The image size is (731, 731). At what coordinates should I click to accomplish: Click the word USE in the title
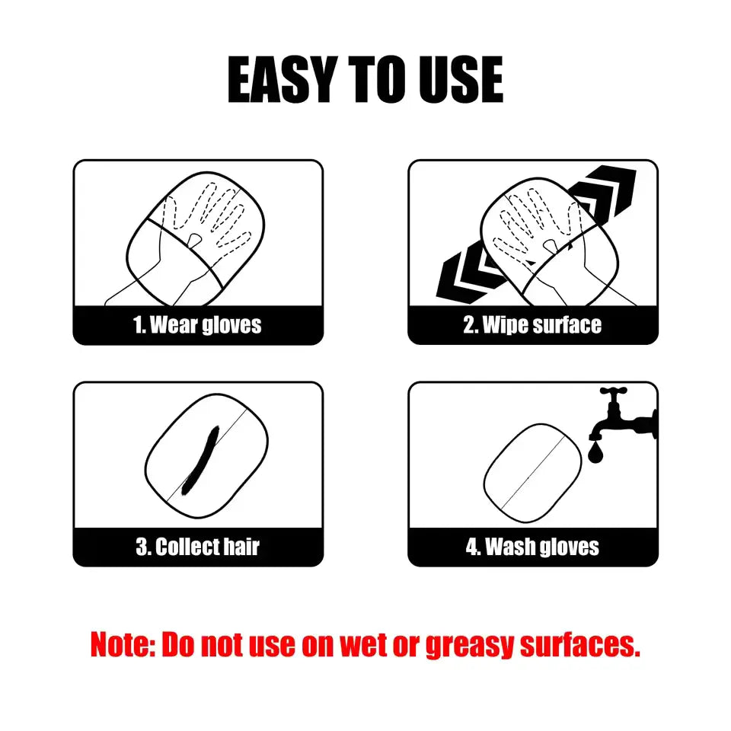458,80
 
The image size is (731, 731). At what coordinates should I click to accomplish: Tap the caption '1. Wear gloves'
197,325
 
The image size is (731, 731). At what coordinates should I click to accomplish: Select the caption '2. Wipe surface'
532,325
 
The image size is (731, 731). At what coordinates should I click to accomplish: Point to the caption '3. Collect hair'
197,547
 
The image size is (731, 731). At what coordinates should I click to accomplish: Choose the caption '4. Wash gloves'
532,547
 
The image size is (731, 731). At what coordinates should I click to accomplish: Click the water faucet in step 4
624,415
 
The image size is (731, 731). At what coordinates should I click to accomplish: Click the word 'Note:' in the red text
122,645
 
